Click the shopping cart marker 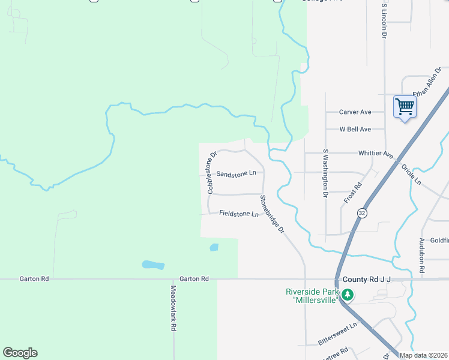click(x=405, y=107)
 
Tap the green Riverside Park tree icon click(x=348, y=295)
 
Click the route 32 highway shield click(x=361, y=213)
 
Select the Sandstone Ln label click(x=236, y=173)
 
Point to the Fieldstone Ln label click(x=238, y=214)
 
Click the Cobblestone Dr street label click(x=211, y=173)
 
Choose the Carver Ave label click(x=355, y=112)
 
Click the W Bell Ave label click(x=355, y=129)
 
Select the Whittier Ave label click(x=376, y=154)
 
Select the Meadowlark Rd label click(x=173, y=307)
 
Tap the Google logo click(x=20, y=353)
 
